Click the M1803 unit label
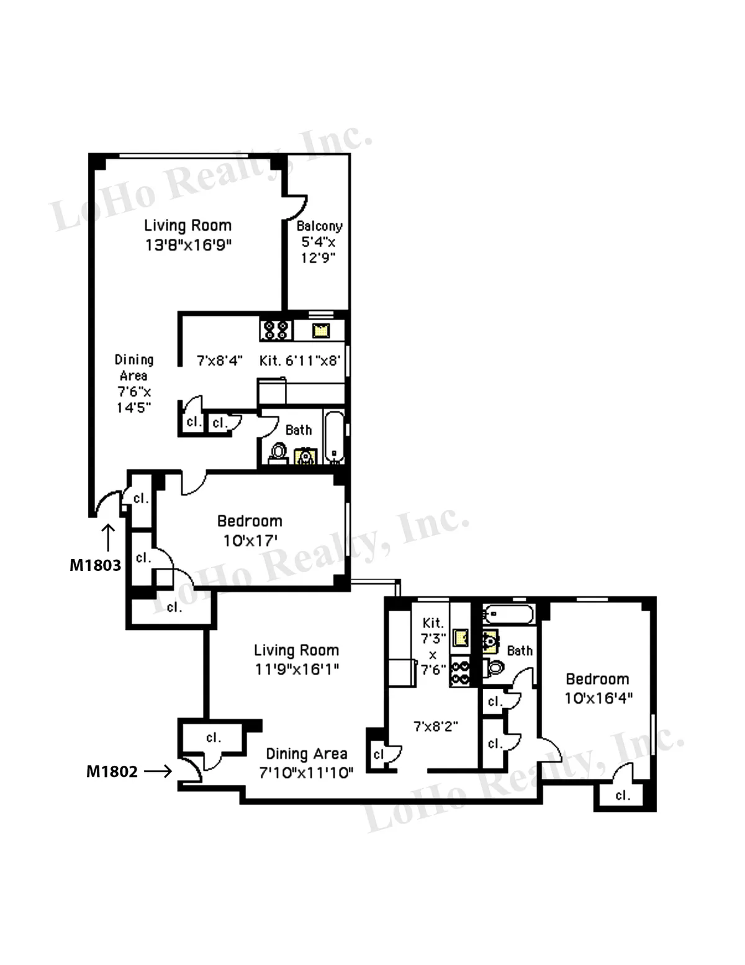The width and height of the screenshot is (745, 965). [95, 565]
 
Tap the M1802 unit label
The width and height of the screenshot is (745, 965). [112, 771]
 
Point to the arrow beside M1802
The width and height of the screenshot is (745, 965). [158, 771]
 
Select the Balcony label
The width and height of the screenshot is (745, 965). [319, 226]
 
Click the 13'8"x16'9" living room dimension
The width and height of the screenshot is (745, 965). [188, 245]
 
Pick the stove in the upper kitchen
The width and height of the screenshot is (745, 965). [276, 329]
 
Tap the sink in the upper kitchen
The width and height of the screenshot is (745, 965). [320, 330]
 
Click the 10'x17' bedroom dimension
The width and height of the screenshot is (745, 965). [250, 541]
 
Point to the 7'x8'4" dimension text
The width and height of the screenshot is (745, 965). [219, 361]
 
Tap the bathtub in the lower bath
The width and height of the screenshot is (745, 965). [508, 615]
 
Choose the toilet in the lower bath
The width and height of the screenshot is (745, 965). [495, 668]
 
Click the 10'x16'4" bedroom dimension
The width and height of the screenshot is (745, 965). [598, 698]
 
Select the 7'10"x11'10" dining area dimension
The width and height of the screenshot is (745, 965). [306, 773]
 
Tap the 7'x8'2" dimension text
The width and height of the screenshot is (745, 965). [436, 725]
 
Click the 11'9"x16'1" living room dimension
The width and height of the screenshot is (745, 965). [297, 669]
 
